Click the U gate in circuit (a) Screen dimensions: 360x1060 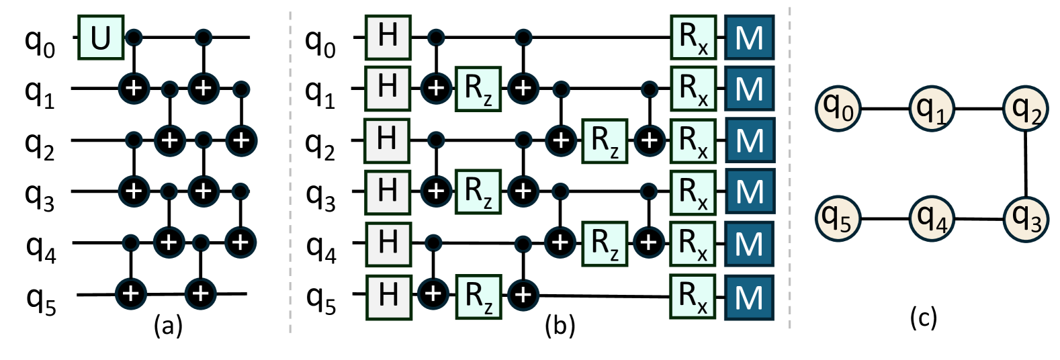click(101, 38)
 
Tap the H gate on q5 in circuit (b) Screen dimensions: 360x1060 click(388, 296)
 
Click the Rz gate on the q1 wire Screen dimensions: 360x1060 click(478, 89)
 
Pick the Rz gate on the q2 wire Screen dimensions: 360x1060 click(605, 140)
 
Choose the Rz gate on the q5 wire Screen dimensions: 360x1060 click(478, 296)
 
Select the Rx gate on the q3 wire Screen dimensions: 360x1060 click(693, 192)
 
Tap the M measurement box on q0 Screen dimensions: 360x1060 click(749, 38)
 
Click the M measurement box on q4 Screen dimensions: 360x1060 click(749, 244)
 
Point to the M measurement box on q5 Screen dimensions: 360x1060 click(749, 297)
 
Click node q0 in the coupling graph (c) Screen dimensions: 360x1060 click(838, 107)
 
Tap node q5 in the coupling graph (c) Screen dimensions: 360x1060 click(838, 218)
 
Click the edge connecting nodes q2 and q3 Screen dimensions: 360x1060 click(1025, 163)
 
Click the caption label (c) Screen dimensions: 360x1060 click(923, 317)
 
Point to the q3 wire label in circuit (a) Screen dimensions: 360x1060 click(40, 196)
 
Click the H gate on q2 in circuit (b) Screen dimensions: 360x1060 click(387, 140)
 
